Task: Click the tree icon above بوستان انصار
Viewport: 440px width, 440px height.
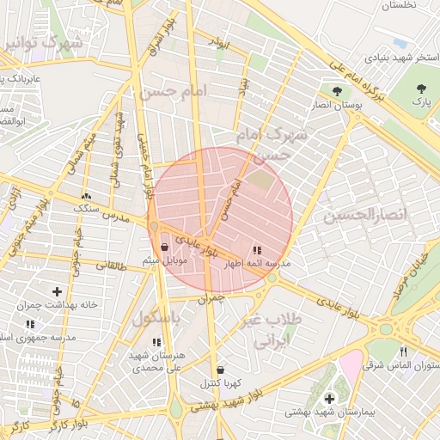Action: (x=336, y=90)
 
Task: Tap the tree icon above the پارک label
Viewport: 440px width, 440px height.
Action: (x=421, y=89)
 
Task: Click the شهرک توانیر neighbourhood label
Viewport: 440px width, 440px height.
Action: (x=43, y=41)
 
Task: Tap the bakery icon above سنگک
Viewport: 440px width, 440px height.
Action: (x=86, y=196)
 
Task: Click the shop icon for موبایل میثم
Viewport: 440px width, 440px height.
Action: (x=164, y=247)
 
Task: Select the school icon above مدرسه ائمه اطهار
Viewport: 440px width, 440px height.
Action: (x=256, y=250)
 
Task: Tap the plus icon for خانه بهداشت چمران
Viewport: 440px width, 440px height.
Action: (x=58, y=292)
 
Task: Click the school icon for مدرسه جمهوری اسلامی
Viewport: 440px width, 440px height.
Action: (x=30, y=325)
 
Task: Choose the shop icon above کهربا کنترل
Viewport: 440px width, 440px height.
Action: (x=221, y=370)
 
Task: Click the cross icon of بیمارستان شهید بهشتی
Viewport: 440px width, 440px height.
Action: (x=330, y=399)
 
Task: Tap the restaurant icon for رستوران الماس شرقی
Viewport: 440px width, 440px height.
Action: (x=404, y=351)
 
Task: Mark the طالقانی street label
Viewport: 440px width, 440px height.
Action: (x=111, y=266)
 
